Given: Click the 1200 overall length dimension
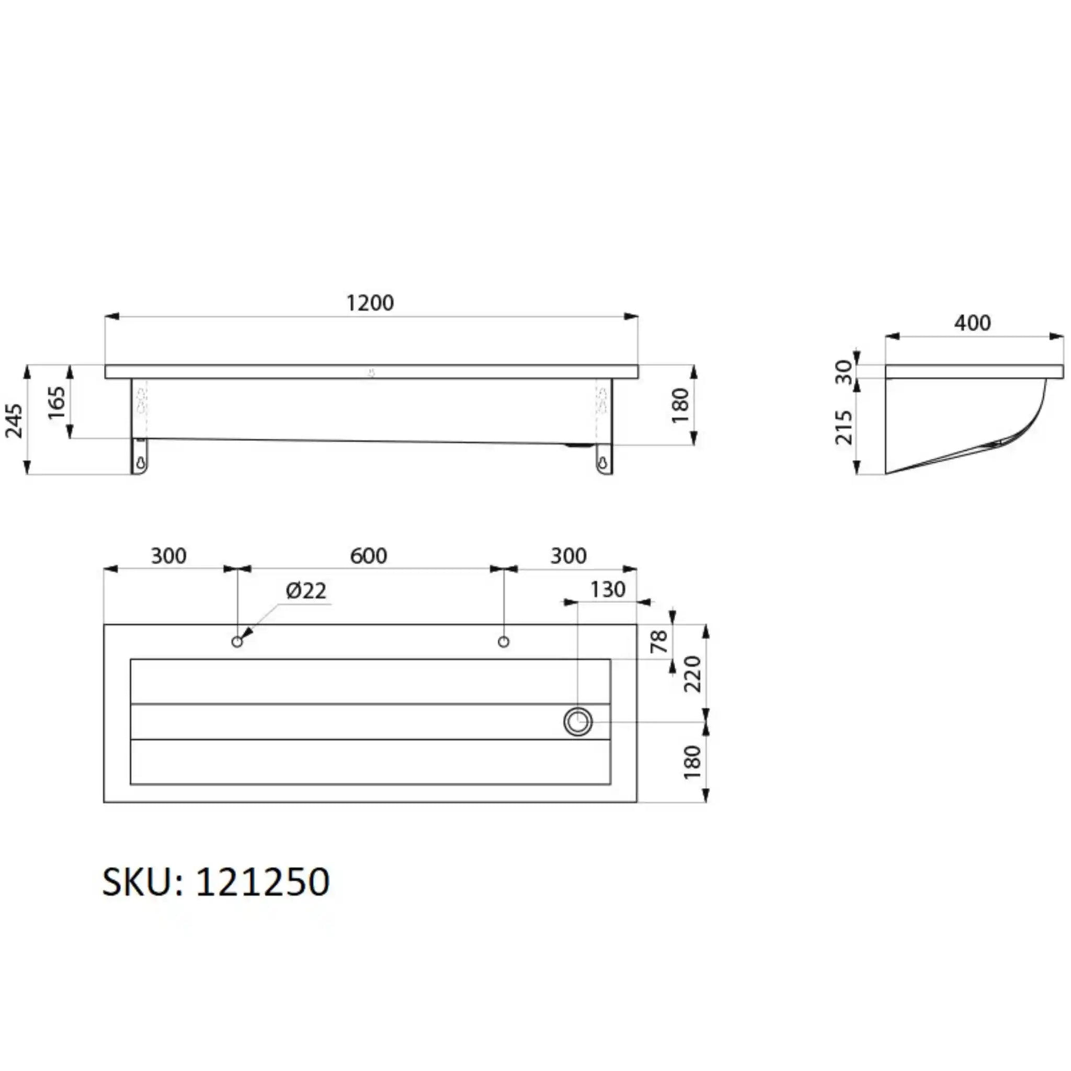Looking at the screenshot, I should coord(370,303).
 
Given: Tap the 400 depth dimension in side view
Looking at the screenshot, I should coord(972,323).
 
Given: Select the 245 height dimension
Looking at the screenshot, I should coord(14,421).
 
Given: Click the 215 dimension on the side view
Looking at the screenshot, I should coord(844,427).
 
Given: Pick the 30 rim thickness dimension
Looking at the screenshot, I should coord(844,372).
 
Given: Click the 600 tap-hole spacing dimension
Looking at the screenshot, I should coord(369,556).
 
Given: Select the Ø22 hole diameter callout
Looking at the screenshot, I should coord(306,591).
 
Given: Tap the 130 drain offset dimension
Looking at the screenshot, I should coord(608,589).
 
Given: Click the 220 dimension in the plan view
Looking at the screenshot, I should coord(693,674).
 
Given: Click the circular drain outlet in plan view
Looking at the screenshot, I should coord(578,722).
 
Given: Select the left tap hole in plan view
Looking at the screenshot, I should coord(237,642).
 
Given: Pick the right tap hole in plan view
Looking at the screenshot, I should coord(504,642).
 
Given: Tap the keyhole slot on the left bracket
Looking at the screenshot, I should coord(141,461).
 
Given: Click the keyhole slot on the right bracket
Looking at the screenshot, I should coord(602,461).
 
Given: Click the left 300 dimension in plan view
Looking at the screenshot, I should coord(168,556).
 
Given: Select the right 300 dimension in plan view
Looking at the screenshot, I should coord(568,556).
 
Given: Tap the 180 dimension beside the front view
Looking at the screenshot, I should coord(680,406).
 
